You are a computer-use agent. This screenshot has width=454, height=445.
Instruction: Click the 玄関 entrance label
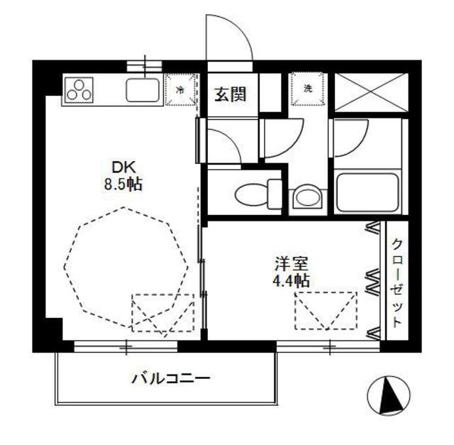(x=231, y=93)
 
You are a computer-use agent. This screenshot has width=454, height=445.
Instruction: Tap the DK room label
(x=123, y=167)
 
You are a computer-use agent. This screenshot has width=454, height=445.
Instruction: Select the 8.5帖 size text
(x=123, y=185)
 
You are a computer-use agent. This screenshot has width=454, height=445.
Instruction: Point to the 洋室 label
(x=292, y=263)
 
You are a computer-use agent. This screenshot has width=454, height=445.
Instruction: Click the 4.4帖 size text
(x=292, y=280)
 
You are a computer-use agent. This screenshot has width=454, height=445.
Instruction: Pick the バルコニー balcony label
(x=170, y=378)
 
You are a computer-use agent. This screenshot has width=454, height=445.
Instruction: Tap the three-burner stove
(x=80, y=90)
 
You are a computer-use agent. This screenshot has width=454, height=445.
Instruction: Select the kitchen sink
(x=143, y=90)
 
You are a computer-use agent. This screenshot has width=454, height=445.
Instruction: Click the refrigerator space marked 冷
(x=181, y=90)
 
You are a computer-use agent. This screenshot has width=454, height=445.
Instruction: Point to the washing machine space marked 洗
(x=308, y=89)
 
